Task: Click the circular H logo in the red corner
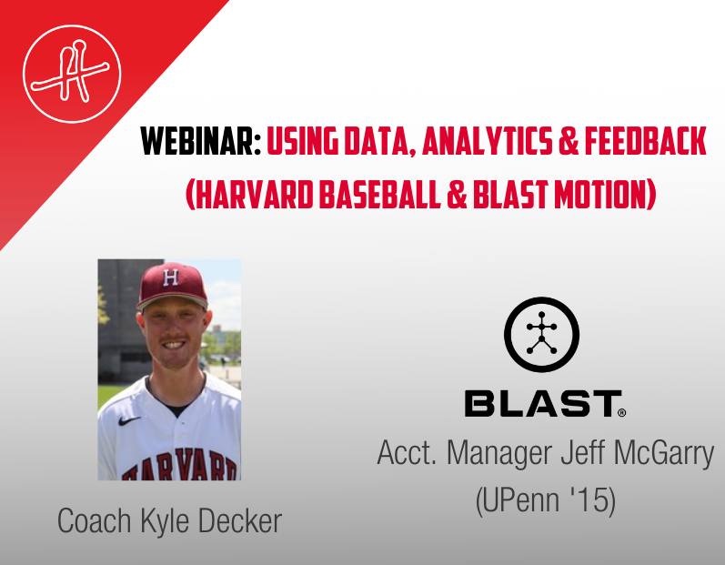72,74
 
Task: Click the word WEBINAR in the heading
201,141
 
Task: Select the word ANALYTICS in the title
488,141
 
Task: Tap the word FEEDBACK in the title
646,141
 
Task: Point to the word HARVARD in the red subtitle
254,195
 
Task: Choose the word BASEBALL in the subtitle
379,195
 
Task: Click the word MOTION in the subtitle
600,195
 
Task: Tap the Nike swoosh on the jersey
129,420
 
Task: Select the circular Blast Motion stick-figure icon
541,334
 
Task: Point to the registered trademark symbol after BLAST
622,412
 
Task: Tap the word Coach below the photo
95,521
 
